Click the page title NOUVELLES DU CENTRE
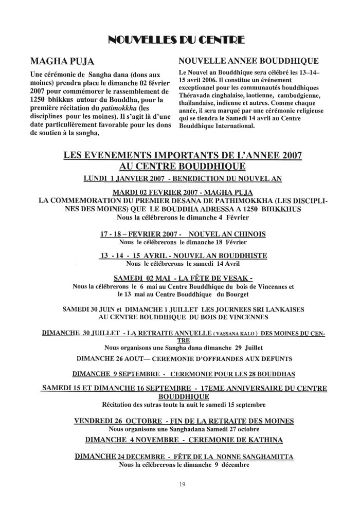coord(179,40)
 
